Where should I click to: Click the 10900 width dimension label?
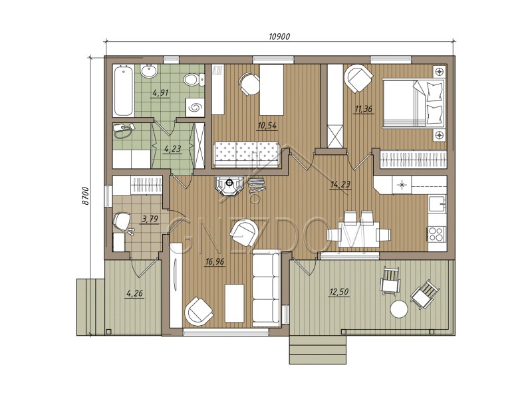(x=279, y=37)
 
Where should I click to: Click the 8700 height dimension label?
(x=85, y=196)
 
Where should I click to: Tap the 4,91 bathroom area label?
(x=160, y=92)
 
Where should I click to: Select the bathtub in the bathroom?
(x=123, y=91)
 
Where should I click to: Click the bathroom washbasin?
(x=148, y=71)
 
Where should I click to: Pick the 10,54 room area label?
(x=267, y=126)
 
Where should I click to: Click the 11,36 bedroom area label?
(x=363, y=109)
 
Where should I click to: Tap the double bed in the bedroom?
(x=414, y=104)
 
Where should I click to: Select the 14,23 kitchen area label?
(x=340, y=185)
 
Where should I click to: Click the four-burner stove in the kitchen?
(x=437, y=233)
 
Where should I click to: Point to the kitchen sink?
(x=437, y=205)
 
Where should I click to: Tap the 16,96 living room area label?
(x=215, y=261)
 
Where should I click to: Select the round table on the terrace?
(x=398, y=309)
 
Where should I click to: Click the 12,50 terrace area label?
(x=339, y=291)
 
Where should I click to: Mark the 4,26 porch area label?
(x=135, y=293)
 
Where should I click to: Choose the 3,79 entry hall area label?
(x=150, y=219)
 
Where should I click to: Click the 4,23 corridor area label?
(x=172, y=148)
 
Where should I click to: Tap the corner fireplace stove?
(x=229, y=186)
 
